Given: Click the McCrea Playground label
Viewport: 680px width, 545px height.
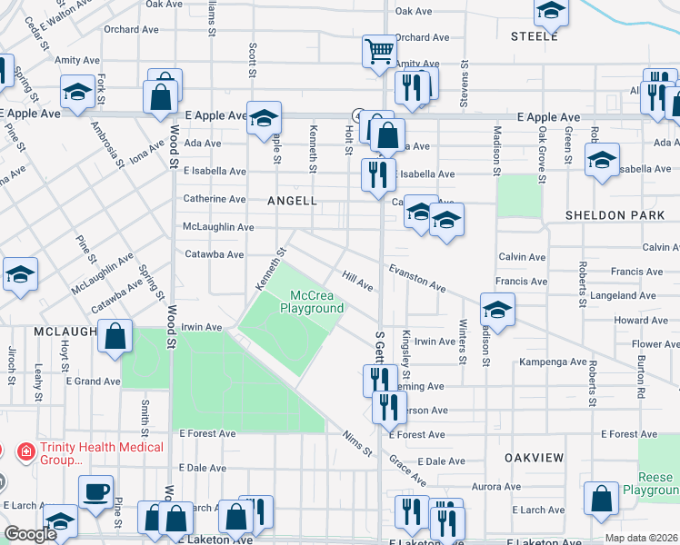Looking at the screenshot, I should (x=312, y=302).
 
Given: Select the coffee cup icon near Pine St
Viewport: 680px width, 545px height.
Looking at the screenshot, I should (x=95, y=492).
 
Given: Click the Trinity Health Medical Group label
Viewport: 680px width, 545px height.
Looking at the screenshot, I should (x=90, y=453).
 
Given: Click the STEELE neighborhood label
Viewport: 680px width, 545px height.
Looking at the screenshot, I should (x=534, y=36).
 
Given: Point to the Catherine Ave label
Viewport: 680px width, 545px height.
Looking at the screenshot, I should (x=215, y=199).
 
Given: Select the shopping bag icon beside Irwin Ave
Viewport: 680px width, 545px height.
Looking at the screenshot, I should (x=115, y=335).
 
